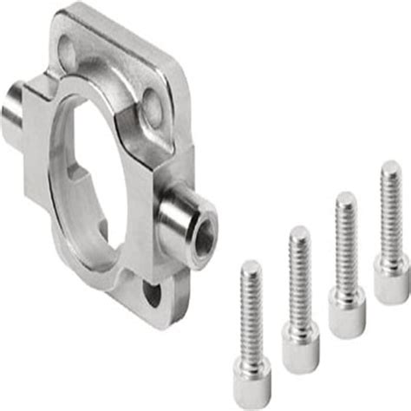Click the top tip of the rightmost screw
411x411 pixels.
pyautogui.click(x=387, y=167)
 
